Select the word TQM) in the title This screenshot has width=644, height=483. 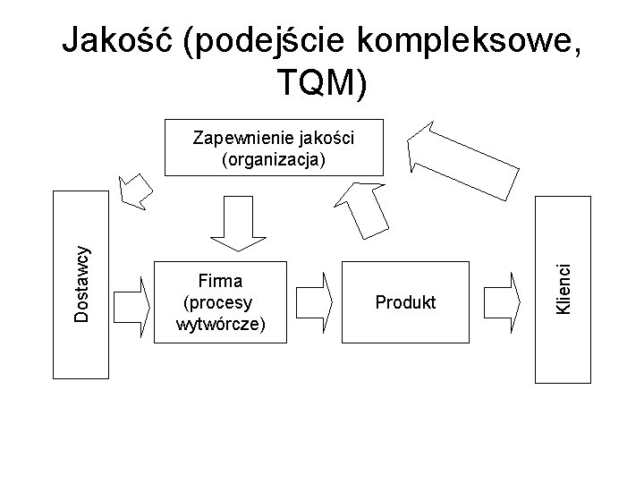[x=322, y=83]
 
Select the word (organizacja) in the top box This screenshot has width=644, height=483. [x=274, y=159]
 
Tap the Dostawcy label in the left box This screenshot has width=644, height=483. [x=80, y=284]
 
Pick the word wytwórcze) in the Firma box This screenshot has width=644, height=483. [x=222, y=322]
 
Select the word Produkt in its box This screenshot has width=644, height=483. [x=405, y=303]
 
